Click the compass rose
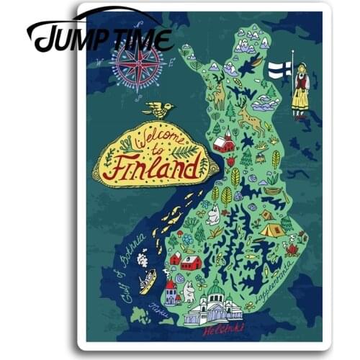[x=138, y=67]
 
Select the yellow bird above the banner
[x=158, y=110]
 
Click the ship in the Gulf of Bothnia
[x=148, y=279]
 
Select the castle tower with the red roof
[x=171, y=291]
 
